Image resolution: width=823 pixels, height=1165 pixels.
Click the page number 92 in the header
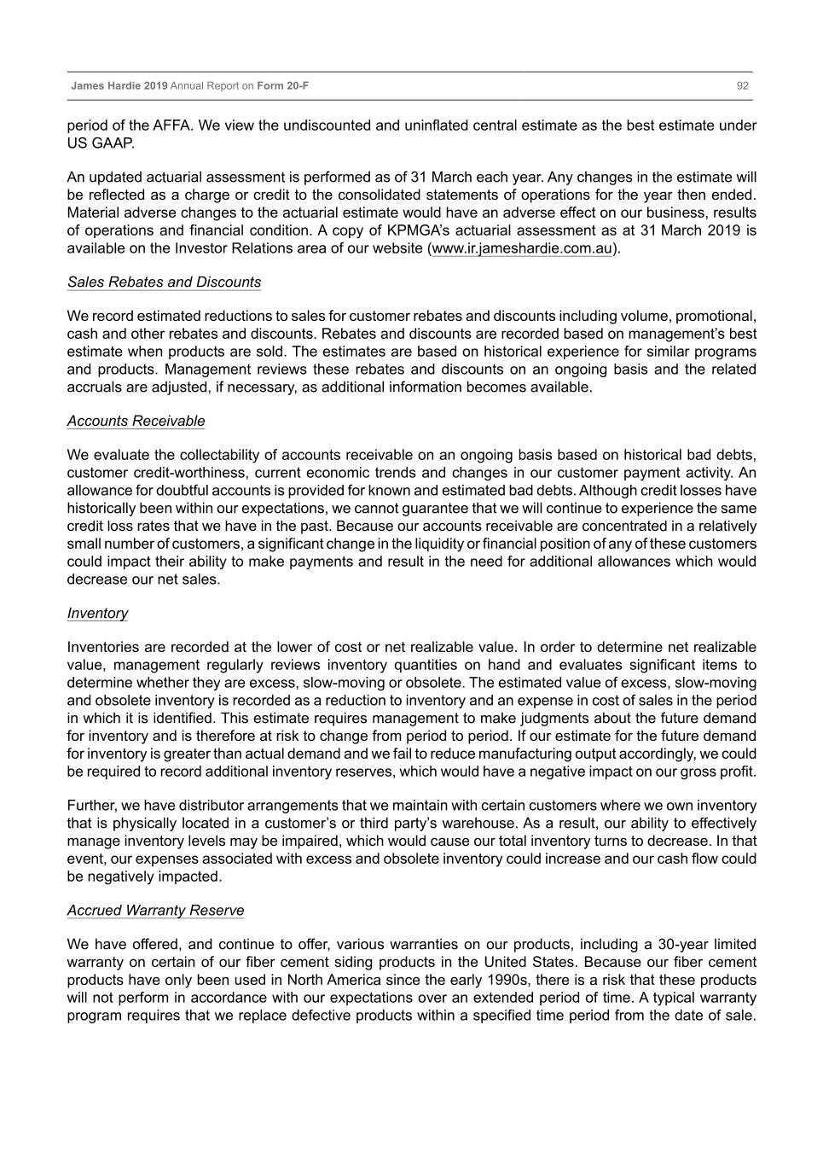pos(742,86)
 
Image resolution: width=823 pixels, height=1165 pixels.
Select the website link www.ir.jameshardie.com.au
pos(522,248)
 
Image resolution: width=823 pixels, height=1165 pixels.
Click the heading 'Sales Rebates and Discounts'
pos(164,283)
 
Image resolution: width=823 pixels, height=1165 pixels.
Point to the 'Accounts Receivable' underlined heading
pos(136,421)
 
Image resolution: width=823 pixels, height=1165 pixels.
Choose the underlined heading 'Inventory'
pos(97,614)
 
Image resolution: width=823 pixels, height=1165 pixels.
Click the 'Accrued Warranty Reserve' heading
pos(155,911)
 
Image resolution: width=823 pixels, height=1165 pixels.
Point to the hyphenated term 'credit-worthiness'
pos(192,473)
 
